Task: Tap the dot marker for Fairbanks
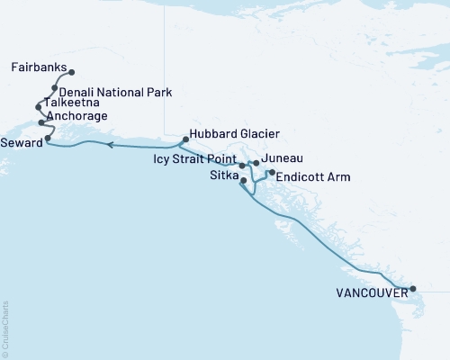pyautogui.click(x=72, y=73)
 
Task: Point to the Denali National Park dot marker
pyautogui.click(x=55, y=88)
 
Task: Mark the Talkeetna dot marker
pyautogui.click(x=39, y=107)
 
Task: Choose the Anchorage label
pyautogui.click(x=78, y=116)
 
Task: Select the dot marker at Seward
pyautogui.click(x=48, y=139)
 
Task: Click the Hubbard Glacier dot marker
pyautogui.click(x=184, y=139)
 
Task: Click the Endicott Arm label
pyautogui.click(x=312, y=177)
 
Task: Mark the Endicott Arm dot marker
pyautogui.click(x=272, y=171)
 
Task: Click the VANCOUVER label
pyautogui.click(x=369, y=292)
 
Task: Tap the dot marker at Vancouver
pyautogui.click(x=413, y=289)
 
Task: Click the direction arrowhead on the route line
pyautogui.click(x=108, y=145)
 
